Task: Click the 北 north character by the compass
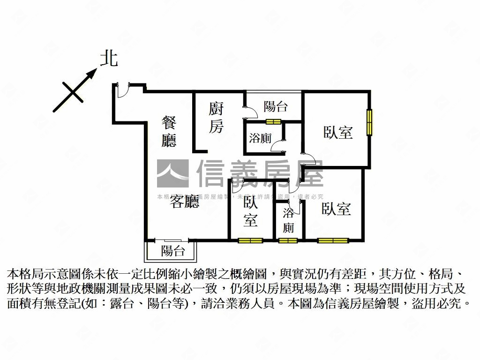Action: point(109,59)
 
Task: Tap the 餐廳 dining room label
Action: point(169,131)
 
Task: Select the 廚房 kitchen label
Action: point(216,118)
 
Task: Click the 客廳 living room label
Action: point(184,202)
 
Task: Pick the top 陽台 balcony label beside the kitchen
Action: point(275,106)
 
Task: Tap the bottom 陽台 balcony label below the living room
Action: point(173,251)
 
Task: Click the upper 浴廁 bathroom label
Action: point(260,138)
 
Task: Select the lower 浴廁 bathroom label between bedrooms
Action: point(289,221)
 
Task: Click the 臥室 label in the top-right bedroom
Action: point(338,132)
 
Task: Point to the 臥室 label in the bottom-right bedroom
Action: point(336,209)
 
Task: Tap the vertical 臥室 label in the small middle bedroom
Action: point(250,211)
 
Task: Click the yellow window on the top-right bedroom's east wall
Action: point(369,122)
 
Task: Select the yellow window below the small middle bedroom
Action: point(250,241)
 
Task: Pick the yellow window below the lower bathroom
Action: point(288,241)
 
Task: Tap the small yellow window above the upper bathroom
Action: point(273,122)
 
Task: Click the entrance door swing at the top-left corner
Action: point(123,90)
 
